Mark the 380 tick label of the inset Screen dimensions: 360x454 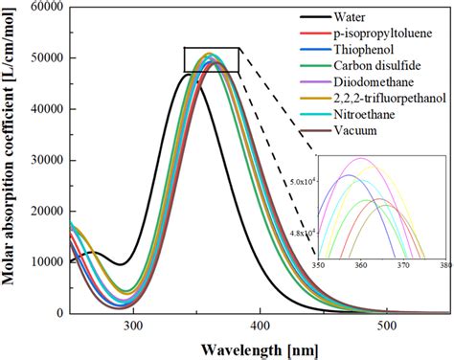(x=445, y=265)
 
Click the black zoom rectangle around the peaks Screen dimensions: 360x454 (x=212, y=59)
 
